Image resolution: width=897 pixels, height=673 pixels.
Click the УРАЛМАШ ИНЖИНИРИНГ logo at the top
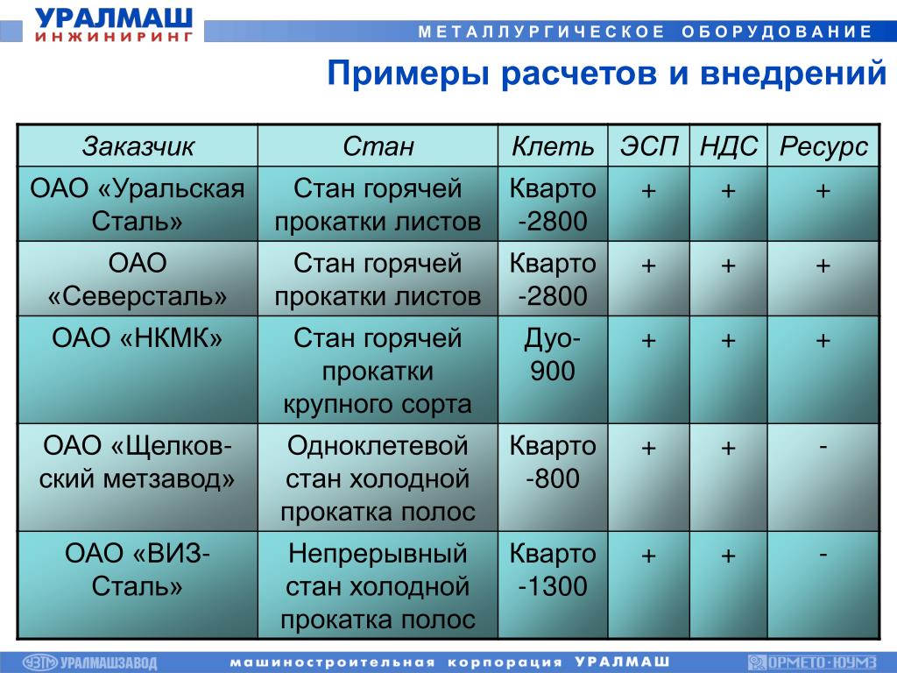tap(114, 24)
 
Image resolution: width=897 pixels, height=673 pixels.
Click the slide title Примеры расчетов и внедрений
tap(607, 74)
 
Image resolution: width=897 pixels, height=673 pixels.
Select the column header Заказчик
tap(138, 146)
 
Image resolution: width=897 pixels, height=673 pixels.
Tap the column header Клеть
tap(553, 146)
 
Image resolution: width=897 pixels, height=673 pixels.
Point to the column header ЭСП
tap(649, 146)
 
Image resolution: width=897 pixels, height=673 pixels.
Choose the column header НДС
tap(729, 146)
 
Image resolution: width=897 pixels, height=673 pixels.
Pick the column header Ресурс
tap(823, 147)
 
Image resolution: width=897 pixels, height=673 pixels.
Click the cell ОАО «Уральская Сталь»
tap(138, 204)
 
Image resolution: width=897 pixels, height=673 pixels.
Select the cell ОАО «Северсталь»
tap(138, 280)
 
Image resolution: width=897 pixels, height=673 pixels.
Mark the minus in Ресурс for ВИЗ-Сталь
tap(823, 554)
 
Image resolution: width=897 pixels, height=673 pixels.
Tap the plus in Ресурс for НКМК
tap(823, 341)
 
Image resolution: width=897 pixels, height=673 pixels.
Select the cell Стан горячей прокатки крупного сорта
tap(378, 371)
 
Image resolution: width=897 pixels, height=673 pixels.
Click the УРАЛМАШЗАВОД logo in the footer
tap(90, 662)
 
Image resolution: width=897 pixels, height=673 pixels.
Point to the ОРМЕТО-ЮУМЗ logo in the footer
tap(812, 662)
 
